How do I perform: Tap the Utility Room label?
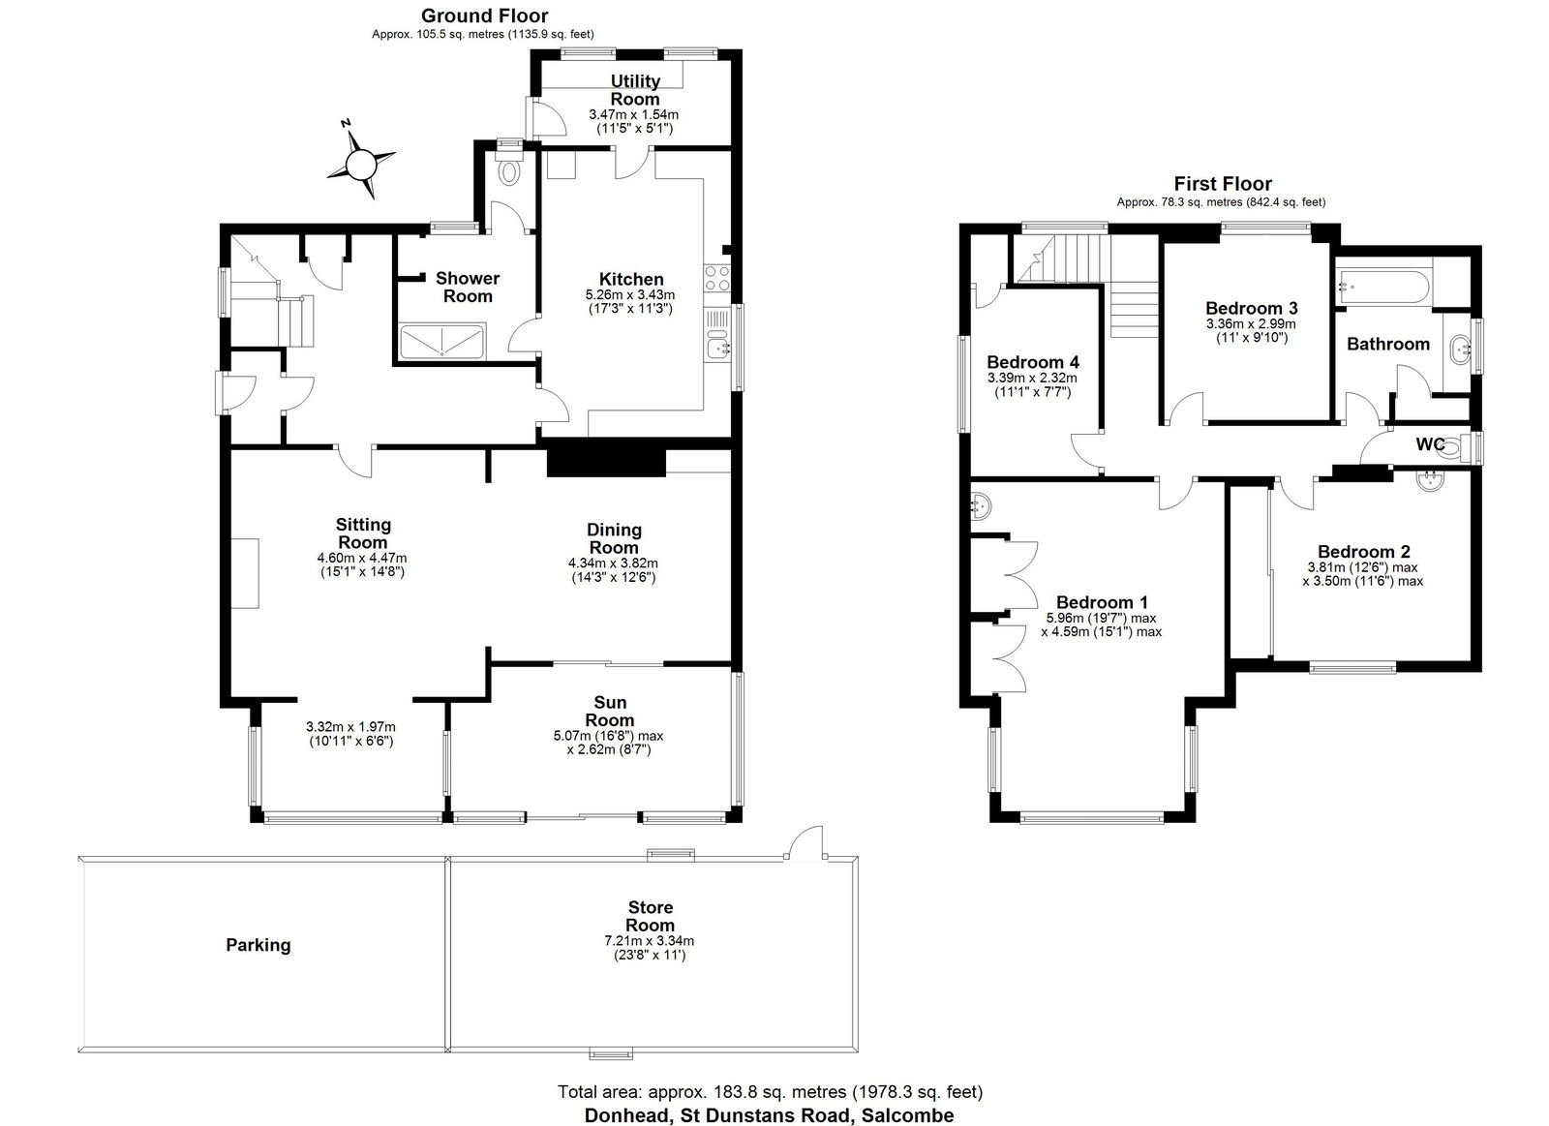pyautogui.click(x=635, y=90)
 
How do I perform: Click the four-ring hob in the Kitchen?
pyautogui.click(x=716, y=279)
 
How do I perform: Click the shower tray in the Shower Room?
pyautogui.click(x=442, y=341)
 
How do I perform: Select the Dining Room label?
pyautogui.click(x=614, y=538)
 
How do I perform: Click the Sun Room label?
pyautogui.click(x=610, y=711)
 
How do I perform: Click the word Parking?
pyautogui.click(x=258, y=945)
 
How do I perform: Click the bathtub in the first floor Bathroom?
pyautogui.click(x=1381, y=288)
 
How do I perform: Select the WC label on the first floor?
pyautogui.click(x=1430, y=444)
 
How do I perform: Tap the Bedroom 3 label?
pyautogui.click(x=1251, y=308)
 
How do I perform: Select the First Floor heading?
pyautogui.click(x=1223, y=184)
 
